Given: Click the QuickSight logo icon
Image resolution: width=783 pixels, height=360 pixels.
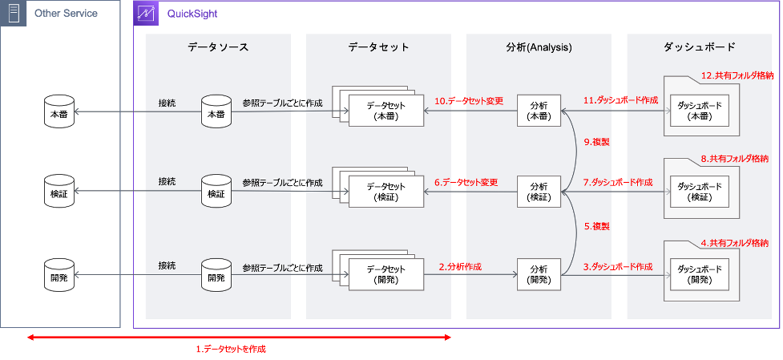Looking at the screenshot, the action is coord(145,13).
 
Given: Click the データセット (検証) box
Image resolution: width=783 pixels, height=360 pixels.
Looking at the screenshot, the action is coord(386,192).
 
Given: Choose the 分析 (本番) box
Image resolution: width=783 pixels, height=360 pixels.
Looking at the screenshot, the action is coord(539,111).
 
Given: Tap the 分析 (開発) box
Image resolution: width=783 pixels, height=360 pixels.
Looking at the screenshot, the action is coord(539,275).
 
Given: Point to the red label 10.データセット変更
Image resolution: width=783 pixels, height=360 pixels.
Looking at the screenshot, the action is coord(468,101).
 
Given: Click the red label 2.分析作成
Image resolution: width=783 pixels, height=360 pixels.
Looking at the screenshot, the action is coord(460,267).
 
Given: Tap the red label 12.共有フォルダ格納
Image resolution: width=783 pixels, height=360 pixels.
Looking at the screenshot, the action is coord(737,76).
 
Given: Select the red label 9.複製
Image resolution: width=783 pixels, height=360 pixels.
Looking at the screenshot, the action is coord(597,142).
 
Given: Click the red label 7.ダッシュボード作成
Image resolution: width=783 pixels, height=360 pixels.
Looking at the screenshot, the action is coord(618,183).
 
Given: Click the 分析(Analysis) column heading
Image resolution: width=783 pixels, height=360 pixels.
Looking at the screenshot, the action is coord(539,47).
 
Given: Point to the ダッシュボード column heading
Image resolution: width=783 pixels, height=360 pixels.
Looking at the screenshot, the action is coord(700,47).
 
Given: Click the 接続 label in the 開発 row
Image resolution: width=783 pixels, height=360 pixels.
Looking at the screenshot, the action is coord(167,266).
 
